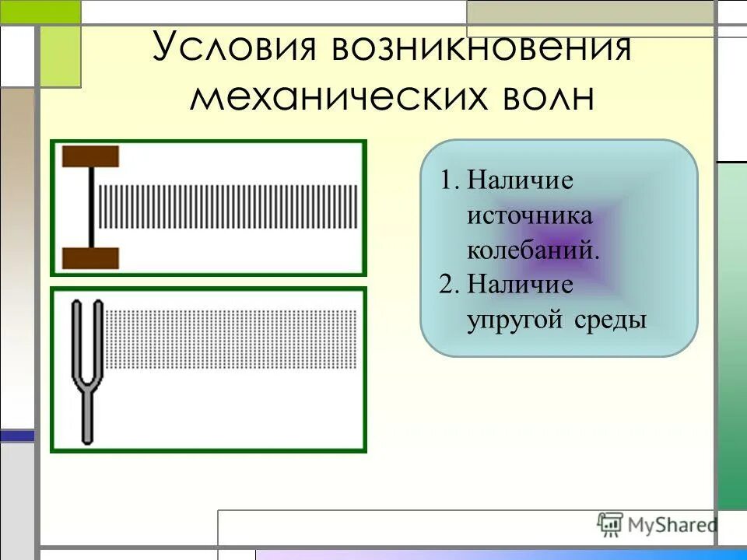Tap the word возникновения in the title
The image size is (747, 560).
pyautogui.click(x=481, y=48)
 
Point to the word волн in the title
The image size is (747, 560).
pyautogui.click(x=543, y=98)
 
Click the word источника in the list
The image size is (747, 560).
pyautogui.click(x=529, y=215)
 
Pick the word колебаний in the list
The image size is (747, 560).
pyautogui.click(x=533, y=250)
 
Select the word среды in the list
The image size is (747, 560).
pyautogui.click(x=612, y=320)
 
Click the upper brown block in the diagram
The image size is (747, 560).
pyautogui.click(x=90, y=156)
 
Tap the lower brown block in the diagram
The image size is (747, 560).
pyautogui.click(x=90, y=258)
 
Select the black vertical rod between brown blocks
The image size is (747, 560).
pyautogui.click(x=91, y=207)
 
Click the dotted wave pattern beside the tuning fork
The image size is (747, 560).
pyautogui.click(x=231, y=339)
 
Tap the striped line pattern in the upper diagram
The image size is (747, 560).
pyautogui.click(x=230, y=207)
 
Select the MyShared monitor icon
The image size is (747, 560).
pyautogui.click(x=610, y=525)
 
